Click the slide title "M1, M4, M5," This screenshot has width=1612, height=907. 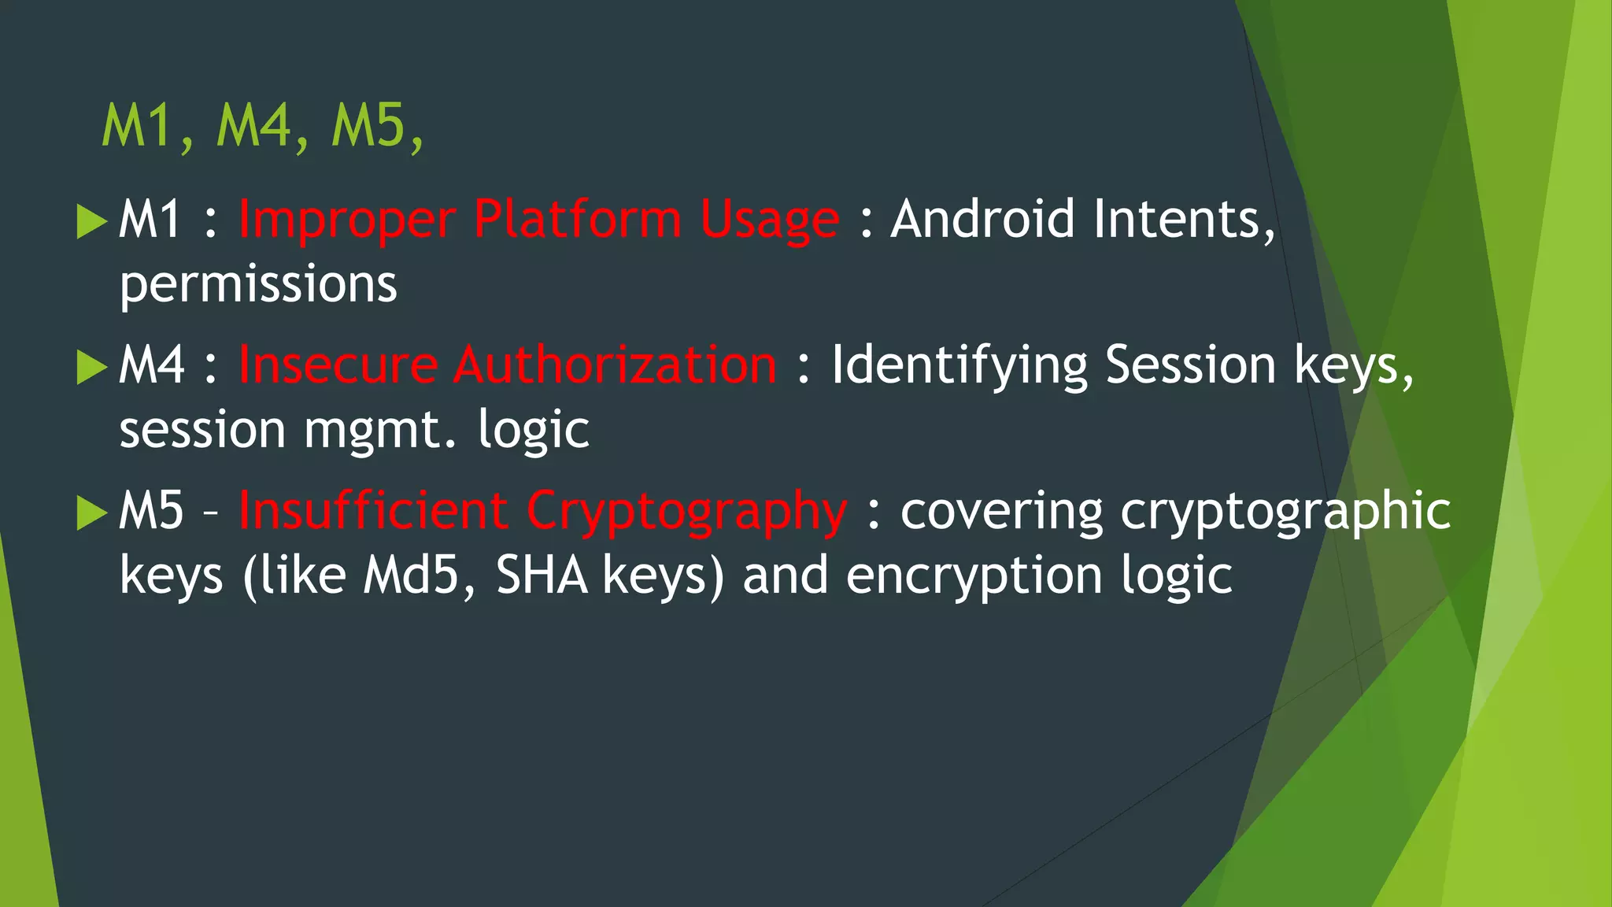[x=263, y=126]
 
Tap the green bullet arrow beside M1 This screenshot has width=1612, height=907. [x=91, y=221]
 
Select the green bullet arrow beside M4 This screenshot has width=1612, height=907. [x=91, y=368]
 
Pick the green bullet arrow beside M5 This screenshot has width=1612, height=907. [x=91, y=513]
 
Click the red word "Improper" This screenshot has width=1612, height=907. [x=346, y=220]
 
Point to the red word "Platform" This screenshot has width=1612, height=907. [x=577, y=219]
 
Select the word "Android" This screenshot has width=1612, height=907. [x=982, y=219]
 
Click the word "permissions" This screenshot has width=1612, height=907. [x=258, y=285]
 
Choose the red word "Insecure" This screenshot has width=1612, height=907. [x=338, y=365]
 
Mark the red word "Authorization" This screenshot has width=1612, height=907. [x=615, y=365]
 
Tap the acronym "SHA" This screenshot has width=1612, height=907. [x=542, y=576]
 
